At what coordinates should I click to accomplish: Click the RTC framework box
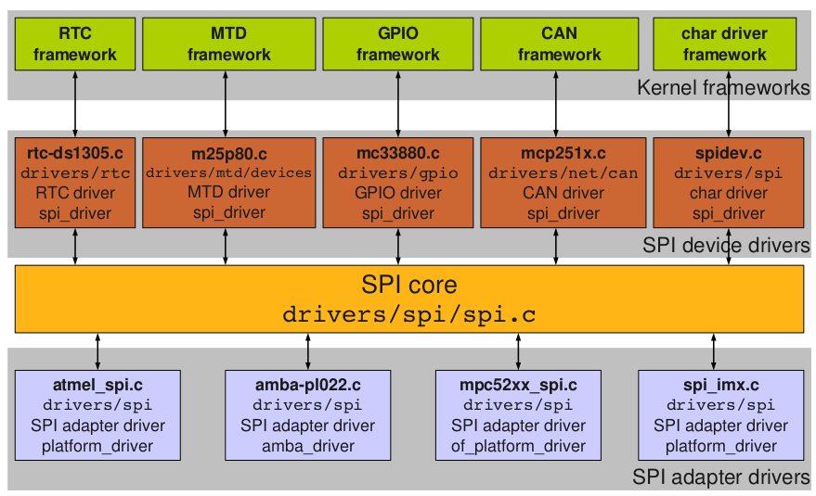pyautogui.click(x=74, y=44)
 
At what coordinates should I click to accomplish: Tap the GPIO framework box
pyautogui.click(x=397, y=44)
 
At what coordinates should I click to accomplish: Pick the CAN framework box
pyautogui.click(x=559, y=44)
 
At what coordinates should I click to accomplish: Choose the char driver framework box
pyautogui.click(x=724, y=44)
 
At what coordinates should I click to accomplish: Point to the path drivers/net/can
pyautogui.click(x=563, y=173)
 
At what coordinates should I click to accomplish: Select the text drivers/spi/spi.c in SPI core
pyautogui.click(x=408, y=313)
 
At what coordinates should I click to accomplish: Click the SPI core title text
pyautogui.click(x=408, y=285)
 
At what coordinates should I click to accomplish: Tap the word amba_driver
pyautogui.click(x=307, y=446)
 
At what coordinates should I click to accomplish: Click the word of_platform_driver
pyautogui.click(x=518, y=446)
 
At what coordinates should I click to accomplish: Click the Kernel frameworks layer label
pyautogui.click(x=723, y=88)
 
